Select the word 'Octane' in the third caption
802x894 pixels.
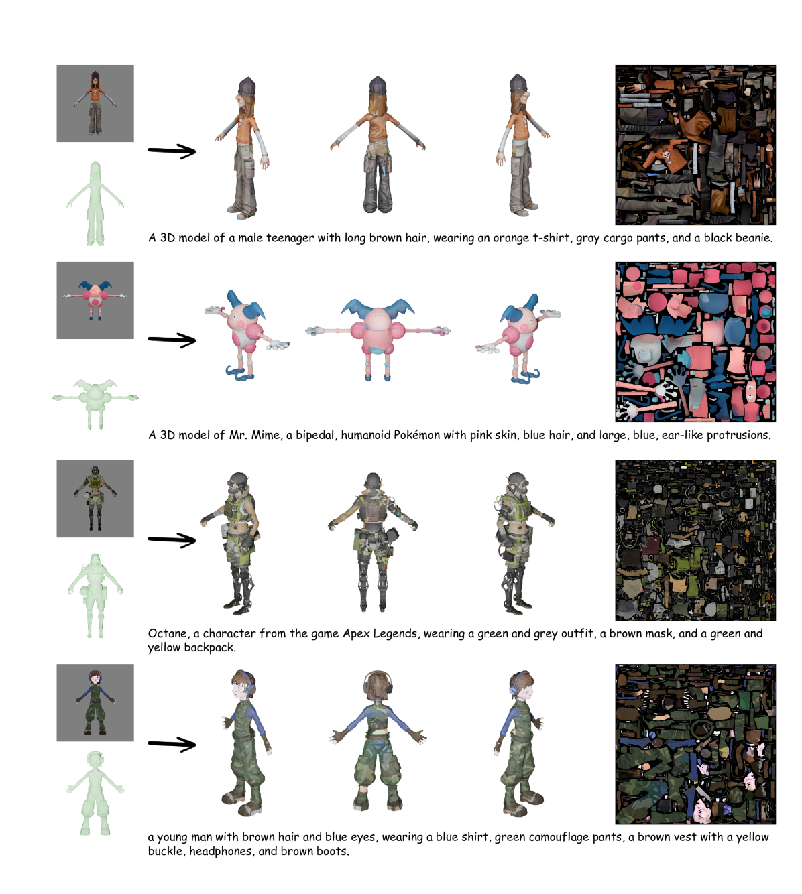[x=168, y=634]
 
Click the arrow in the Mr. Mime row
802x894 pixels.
[x=172, y=340]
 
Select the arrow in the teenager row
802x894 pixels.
[x=172, y=151]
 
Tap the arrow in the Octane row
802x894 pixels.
[x=172, y=539]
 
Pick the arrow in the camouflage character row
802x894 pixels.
[x=172, y=744]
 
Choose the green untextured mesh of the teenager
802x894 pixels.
[x=95, y=203]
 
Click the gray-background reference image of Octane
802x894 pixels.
[x=95, y=499]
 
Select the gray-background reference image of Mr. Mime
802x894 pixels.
[x=95, y=300]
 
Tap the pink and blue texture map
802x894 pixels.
[x=695, y=342]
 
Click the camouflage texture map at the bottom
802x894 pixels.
[x=695, y=745]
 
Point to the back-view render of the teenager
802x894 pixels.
[x=378, y=145]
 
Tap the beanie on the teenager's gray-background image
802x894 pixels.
[x=95, y=74]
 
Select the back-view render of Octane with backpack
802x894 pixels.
[x=374, y=542]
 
